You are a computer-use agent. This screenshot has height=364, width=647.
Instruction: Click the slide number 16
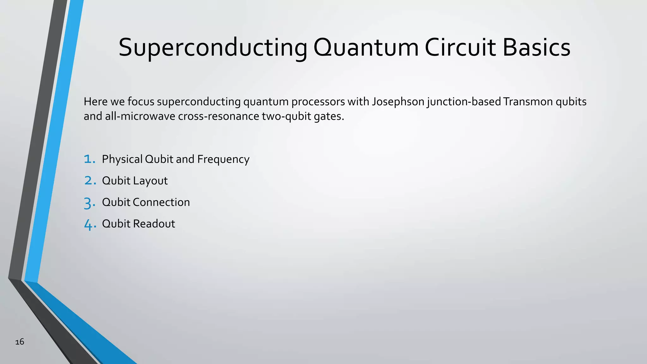point(20,342)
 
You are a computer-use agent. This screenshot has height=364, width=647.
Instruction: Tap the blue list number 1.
point(89,159)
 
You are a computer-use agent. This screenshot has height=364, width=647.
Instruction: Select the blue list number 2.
point(90,181)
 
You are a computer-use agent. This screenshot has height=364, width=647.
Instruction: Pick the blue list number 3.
point(90,203)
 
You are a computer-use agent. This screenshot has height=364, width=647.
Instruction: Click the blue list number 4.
point(90,224)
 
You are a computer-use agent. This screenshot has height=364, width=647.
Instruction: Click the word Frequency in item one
point(223,159)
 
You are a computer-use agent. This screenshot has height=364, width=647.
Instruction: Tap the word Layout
point(150,181)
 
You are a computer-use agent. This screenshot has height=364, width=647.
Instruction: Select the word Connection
point(161,202)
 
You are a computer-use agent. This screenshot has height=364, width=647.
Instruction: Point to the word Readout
point(154,224)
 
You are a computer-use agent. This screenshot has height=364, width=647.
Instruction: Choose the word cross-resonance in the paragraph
point(219,116)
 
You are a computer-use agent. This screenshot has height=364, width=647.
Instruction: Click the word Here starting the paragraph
point(96,102)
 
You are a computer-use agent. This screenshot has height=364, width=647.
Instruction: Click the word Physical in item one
point(122,159)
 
